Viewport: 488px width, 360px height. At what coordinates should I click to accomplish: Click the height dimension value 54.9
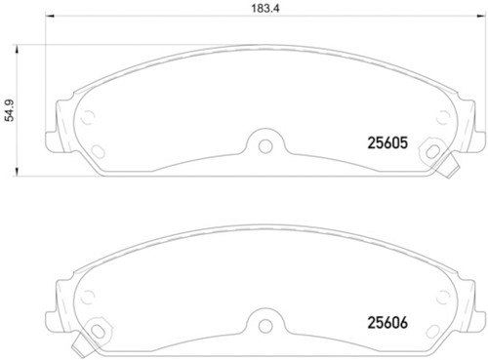[x=9, y=111]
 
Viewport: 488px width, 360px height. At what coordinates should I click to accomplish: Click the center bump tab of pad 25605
[x=264, y=140]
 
